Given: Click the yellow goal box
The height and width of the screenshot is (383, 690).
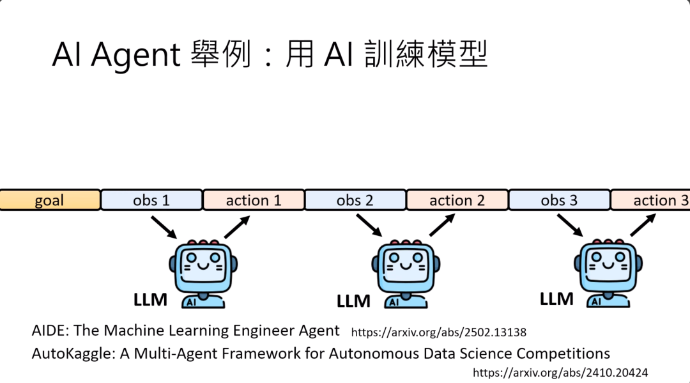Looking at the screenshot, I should click(x=50, y=200).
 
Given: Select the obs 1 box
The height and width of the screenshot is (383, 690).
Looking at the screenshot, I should click(x=151, y=200).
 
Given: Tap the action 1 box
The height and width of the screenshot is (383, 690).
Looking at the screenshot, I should click(x=254, y=200).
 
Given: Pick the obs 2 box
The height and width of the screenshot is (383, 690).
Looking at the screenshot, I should click(x=355, y=200).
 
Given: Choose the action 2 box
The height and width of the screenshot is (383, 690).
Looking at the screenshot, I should click(x=457, y=200).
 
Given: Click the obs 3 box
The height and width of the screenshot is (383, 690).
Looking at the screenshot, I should click(x=559, y=200).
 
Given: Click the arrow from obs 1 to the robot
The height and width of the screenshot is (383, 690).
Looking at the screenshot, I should click(x=164, y=227).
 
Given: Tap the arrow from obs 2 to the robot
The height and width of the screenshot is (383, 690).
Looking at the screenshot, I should click(x=369, y=226).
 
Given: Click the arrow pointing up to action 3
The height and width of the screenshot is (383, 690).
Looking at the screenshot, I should click(x=643, y=225).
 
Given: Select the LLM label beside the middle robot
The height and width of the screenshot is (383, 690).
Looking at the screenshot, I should click(x=353, y=301).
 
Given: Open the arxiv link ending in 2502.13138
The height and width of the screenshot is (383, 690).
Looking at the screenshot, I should click(x=438, y=332).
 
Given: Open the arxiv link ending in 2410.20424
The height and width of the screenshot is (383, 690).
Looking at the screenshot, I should click(x=560, y=372).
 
